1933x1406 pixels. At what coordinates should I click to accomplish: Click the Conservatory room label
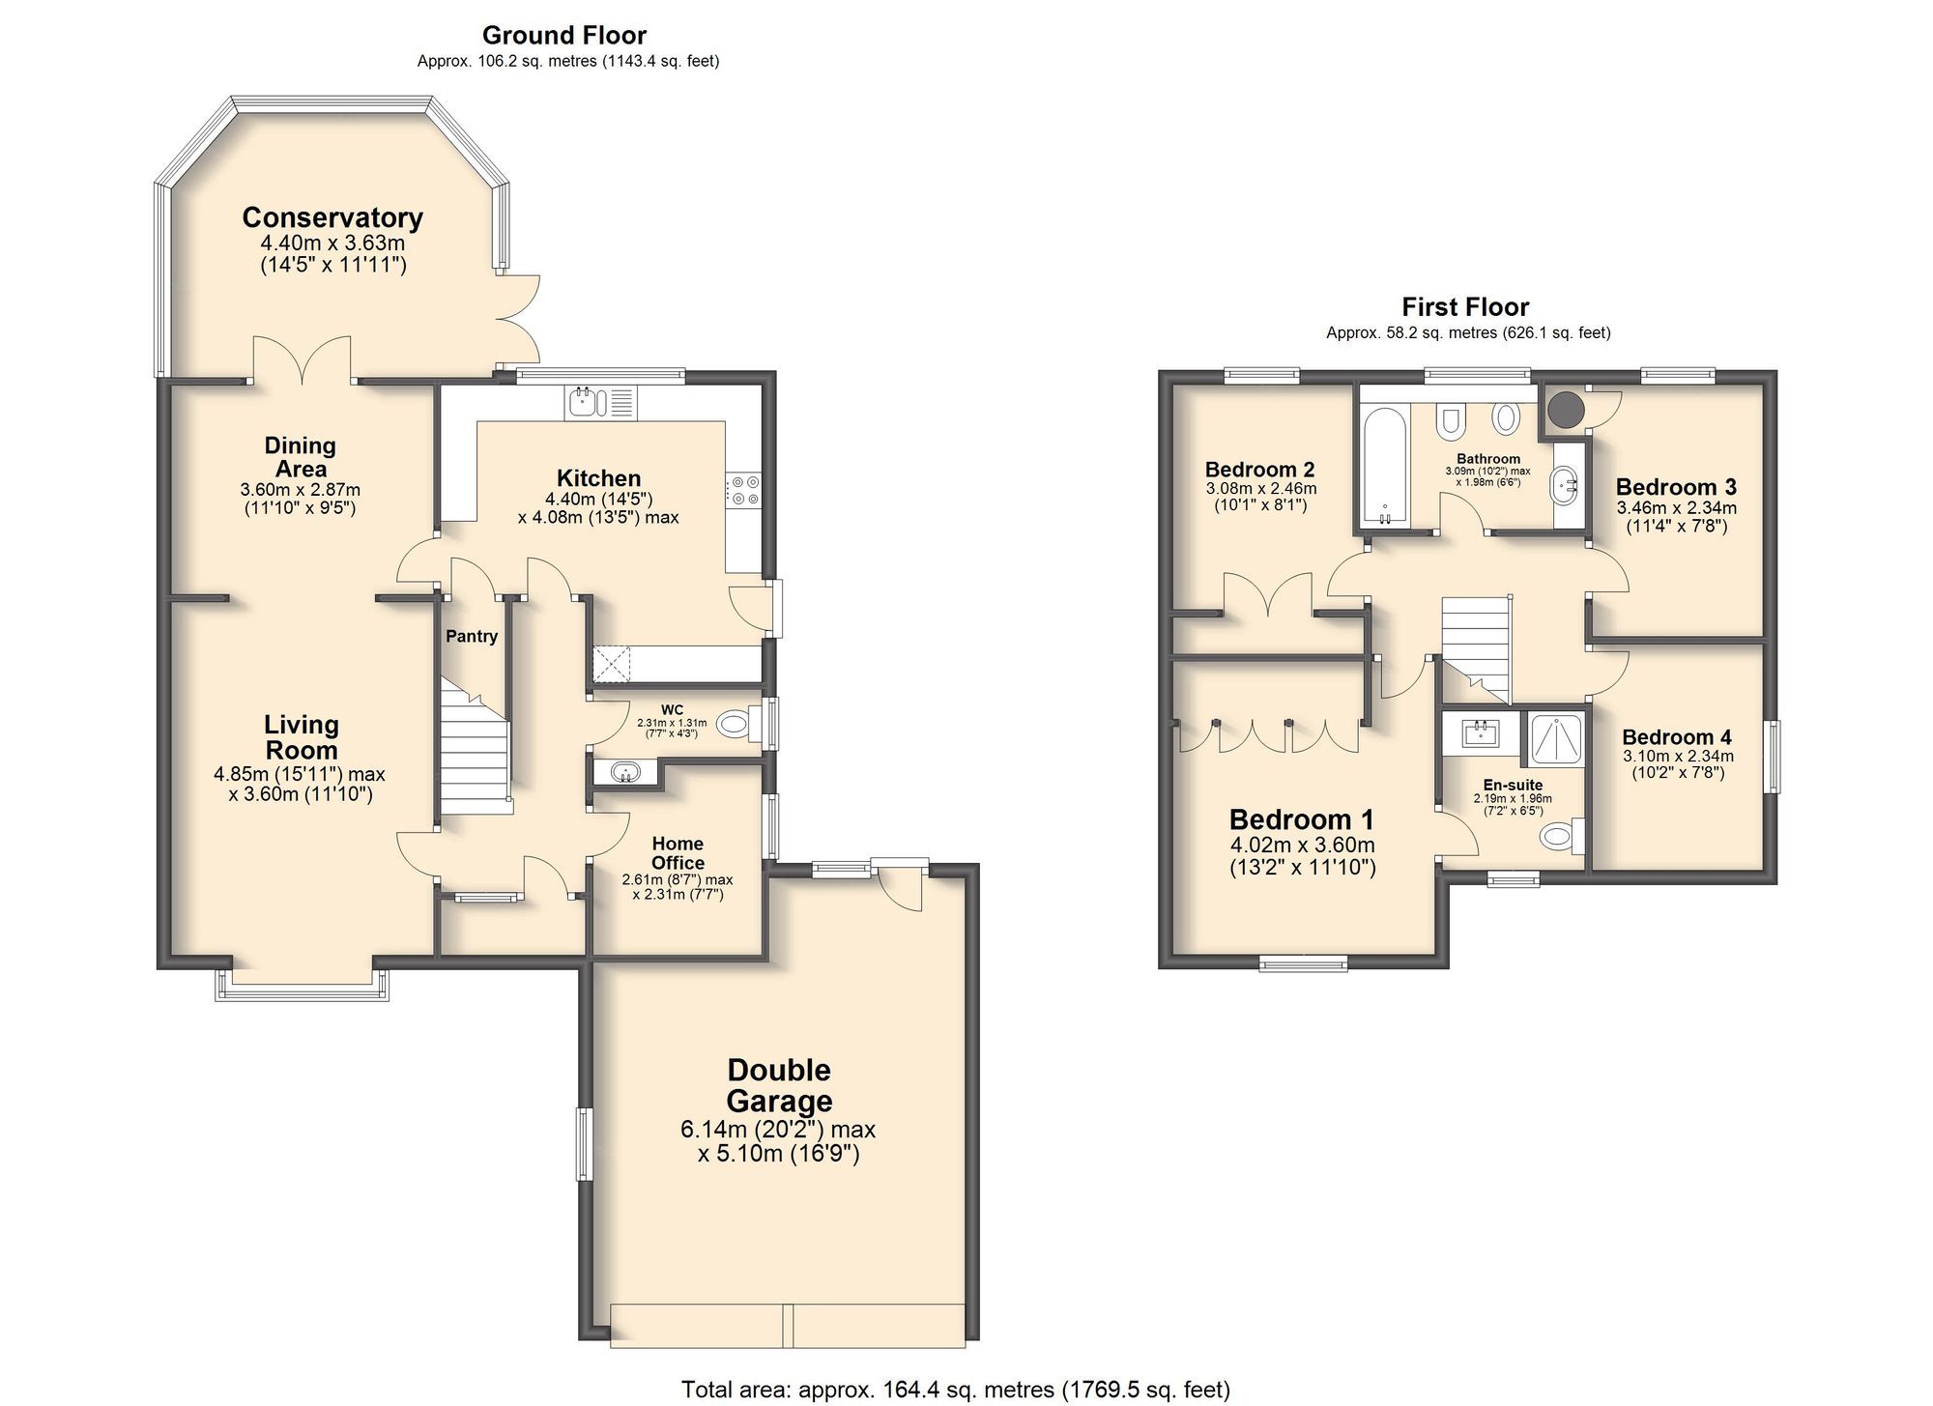pos(332,217)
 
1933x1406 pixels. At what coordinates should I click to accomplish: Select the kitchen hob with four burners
pos(744,490)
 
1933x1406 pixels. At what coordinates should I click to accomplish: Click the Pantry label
pos(472,636)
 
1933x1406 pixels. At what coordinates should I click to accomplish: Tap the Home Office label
pos(678,853)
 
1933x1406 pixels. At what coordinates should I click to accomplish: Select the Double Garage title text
pos(779,1085)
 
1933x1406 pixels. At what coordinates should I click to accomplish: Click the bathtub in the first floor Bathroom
pos(1385,467)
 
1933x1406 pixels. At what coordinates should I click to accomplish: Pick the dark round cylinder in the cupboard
pos(1566,410)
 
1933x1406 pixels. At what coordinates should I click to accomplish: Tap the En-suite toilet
pos(1558,836)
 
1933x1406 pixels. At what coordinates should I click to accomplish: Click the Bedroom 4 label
pos(1677,737)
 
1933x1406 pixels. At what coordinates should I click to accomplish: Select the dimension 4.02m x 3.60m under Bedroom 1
pos(1302,846)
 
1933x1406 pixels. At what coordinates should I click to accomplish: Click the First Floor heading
pos(1465,307)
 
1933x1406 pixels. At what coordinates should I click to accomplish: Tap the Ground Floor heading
pos(564,36)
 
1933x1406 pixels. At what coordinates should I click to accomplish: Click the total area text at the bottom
pos(955,1390)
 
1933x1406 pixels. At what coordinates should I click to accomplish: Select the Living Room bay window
pos(302,986)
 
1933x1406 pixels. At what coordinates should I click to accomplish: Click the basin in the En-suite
pos(1479,733)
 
